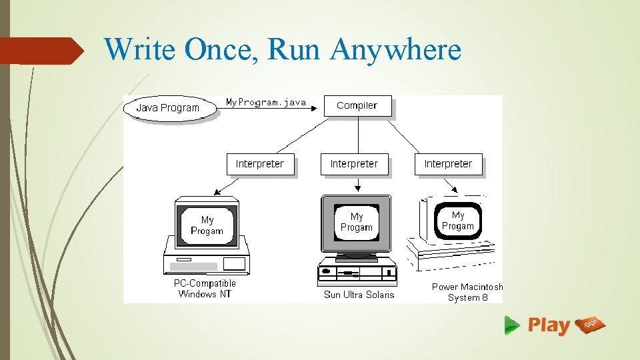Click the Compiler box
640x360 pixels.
click(x=357, y=106)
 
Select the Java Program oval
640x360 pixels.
click(x=168, y=108)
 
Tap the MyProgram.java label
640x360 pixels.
click(x=266, y=103)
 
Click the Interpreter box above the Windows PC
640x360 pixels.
click(x=260, y=164)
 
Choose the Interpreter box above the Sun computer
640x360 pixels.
click(x=354, y=164)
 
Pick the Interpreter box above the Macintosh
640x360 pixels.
click(x=448, y=164)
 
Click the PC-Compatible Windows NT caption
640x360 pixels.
click(x=205, y=289)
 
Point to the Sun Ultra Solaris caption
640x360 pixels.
click(x=359, y=295)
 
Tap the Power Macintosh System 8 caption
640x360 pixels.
click(x=467, y=292)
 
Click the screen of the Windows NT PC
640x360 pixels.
click(x=207, y=225)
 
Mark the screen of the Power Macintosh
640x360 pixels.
click(x=458, y=221)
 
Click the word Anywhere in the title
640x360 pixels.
click(x=395, y=49)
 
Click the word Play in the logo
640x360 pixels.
click(x=549, y=325)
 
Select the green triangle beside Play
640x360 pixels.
click(x=511, y=325)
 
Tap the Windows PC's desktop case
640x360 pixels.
click(x=207, y=263)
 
